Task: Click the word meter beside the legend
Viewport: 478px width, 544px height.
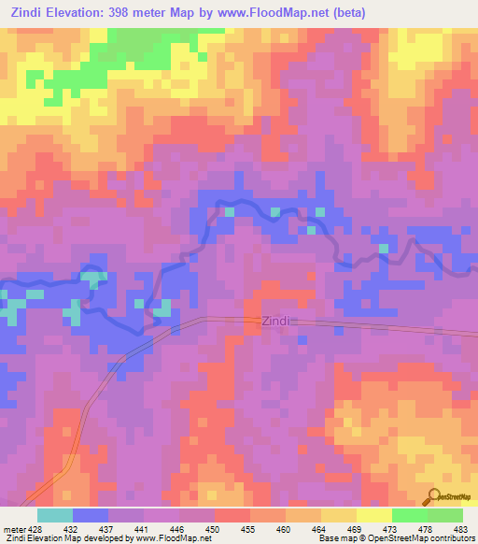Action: (x=13, y=527)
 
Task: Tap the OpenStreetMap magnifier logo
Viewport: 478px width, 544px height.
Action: (x=432, y=496)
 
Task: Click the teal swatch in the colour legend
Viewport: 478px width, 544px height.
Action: (x=54, y=515)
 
